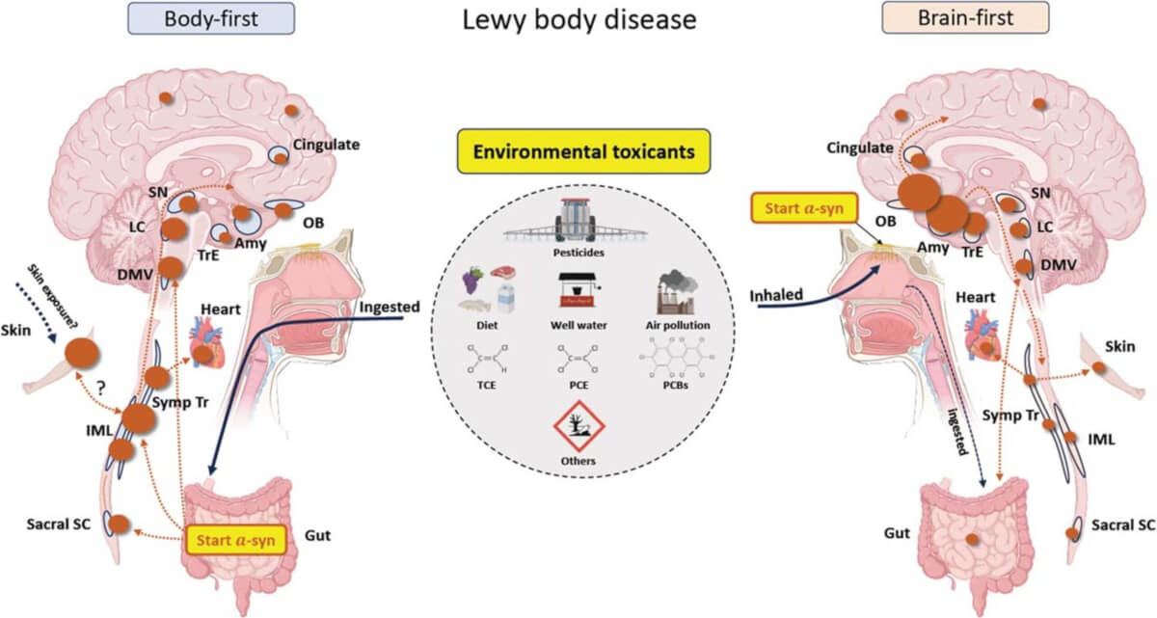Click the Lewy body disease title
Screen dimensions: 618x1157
click(577, 20)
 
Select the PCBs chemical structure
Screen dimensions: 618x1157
click(679, 363)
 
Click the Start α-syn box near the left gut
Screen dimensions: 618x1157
click(233, 540)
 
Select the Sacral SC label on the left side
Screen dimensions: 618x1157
click(63, 524)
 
